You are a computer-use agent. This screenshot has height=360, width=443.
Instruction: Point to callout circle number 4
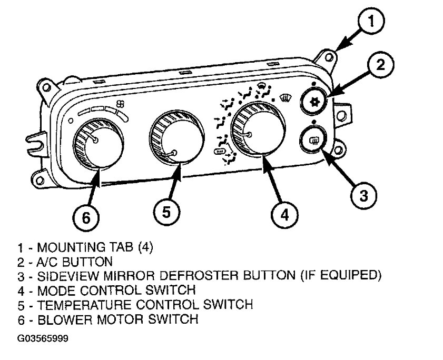point(284,214)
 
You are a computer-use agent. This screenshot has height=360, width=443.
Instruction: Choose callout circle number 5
point(166,212)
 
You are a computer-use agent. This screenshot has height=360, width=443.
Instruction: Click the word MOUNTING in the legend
point(66,247)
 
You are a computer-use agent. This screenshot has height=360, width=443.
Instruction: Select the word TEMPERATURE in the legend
point(82,305)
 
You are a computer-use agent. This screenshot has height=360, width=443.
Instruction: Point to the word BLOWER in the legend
point(61,319)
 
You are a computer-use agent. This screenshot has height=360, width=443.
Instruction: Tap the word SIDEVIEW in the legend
point(63,276)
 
